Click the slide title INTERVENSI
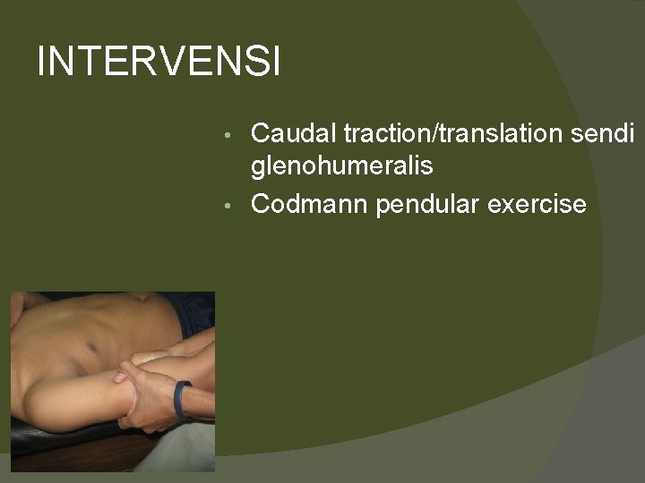(159, 62)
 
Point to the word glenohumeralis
(342, 165)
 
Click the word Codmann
(310, 204)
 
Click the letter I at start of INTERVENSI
(42, 62)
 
